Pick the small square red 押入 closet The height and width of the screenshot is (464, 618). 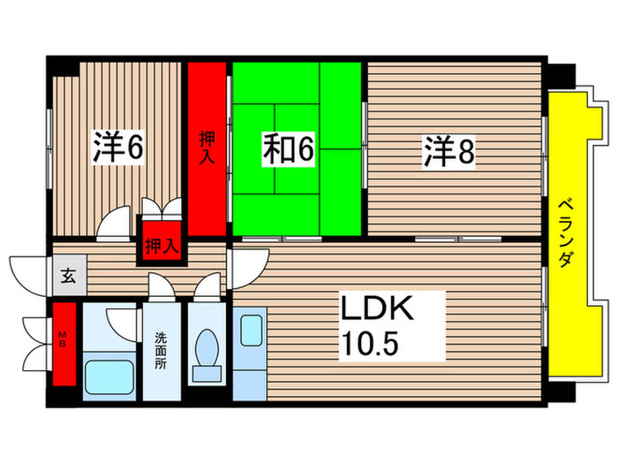(161, 245)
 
